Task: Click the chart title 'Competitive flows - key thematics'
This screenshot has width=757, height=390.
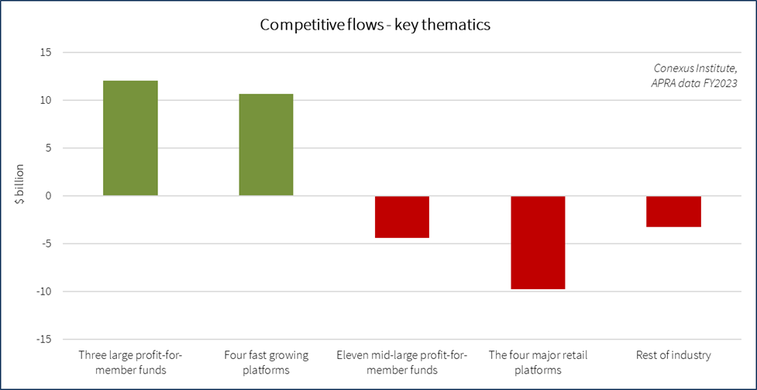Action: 375,25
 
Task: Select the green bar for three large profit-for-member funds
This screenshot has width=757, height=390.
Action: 130,138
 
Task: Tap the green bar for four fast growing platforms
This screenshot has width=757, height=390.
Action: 266,145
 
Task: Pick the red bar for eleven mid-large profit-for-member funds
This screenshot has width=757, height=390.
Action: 402,216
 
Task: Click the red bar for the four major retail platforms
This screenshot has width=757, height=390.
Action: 538,242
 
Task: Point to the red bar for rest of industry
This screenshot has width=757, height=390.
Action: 673,211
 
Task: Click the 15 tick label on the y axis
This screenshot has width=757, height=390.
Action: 46,53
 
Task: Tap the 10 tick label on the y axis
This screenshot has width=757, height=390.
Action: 46,101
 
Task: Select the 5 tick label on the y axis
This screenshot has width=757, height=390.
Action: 48,148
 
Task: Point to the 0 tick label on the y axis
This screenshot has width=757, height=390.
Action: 48,196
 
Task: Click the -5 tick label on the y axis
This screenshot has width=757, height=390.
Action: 46,244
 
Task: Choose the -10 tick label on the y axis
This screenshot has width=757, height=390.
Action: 44,292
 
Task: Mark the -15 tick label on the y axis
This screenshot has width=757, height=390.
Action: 44,340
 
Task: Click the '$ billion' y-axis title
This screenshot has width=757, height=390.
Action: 20,185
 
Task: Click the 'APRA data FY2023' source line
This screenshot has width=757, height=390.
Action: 693,83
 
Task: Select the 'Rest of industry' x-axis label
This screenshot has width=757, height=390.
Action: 673,355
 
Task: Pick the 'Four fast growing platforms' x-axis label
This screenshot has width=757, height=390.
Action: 266,362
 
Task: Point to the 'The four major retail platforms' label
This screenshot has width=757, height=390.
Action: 538,362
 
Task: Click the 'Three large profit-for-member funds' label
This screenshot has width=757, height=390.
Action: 130,362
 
